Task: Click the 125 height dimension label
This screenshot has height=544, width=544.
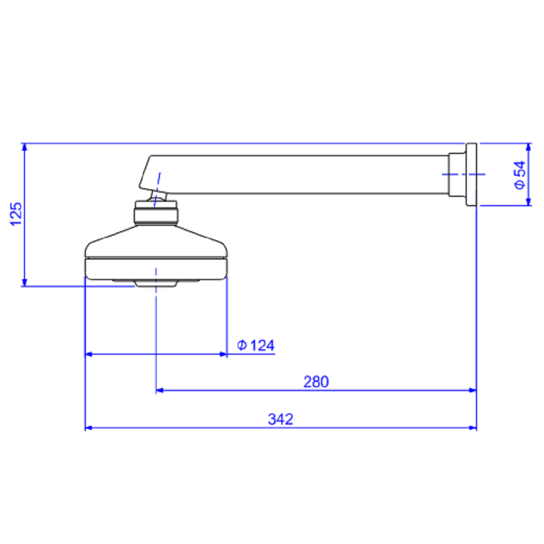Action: coord(16,214)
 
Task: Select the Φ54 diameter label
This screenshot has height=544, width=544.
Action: coord(520,175)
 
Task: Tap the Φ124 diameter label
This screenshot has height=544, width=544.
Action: coord(256,345)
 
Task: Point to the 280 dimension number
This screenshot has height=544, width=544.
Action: coord(316,382)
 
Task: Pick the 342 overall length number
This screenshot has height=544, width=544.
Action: coord(280,419)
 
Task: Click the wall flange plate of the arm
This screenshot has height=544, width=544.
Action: coord(471,175)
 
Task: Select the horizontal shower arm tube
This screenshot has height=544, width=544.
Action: coord(305,175)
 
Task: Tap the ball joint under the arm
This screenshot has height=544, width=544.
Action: coord(158,196)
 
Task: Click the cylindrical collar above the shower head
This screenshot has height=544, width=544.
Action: coord(156,212)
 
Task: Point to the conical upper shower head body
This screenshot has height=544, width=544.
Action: coord(156,242)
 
